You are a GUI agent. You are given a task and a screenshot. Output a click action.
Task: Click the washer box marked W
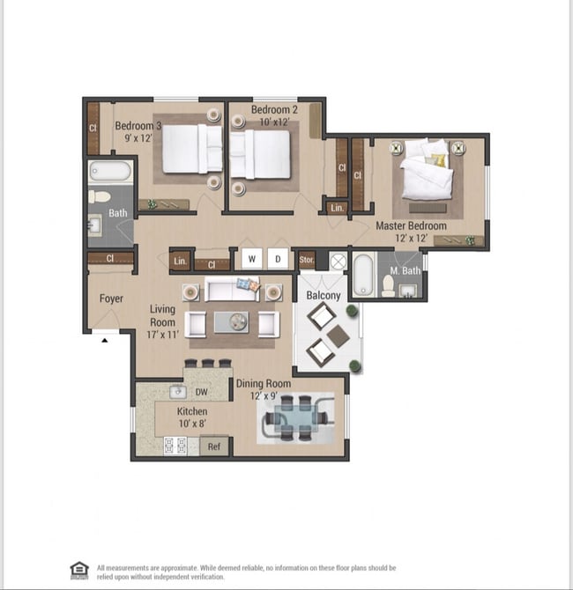pos(251,259)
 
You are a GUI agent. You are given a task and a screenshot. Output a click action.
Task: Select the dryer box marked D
pos(278,259)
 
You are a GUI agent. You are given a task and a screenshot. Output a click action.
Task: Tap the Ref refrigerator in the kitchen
pos(214,446)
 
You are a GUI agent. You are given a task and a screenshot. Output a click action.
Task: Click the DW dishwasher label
pos(202,392)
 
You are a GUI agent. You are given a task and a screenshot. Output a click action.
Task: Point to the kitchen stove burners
pos(175,446)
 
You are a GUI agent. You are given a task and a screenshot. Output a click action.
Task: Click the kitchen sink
pos(178,392)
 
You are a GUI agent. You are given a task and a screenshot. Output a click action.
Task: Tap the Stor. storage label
pos(307,260)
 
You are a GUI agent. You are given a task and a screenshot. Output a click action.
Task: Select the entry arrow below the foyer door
pos(105,341)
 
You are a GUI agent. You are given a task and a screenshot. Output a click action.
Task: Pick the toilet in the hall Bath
pos(99,196)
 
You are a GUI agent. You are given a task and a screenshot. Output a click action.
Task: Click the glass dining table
pos(295,418)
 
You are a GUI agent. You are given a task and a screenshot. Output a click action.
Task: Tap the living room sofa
pos(232,289)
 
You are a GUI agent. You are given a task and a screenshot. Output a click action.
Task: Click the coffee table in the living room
pos(231,322)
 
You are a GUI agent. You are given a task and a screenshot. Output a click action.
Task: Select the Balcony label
pos(324,295)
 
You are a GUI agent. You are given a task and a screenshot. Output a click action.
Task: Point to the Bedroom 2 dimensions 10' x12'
pos(274,122)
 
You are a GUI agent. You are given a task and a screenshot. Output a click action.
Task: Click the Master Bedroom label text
pos(412,225)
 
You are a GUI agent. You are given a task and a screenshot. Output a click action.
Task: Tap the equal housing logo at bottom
pos(79,571)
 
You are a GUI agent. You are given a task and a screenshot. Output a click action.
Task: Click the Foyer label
pos(111,299)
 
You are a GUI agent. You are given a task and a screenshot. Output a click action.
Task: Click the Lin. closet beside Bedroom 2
pos(337,208)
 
